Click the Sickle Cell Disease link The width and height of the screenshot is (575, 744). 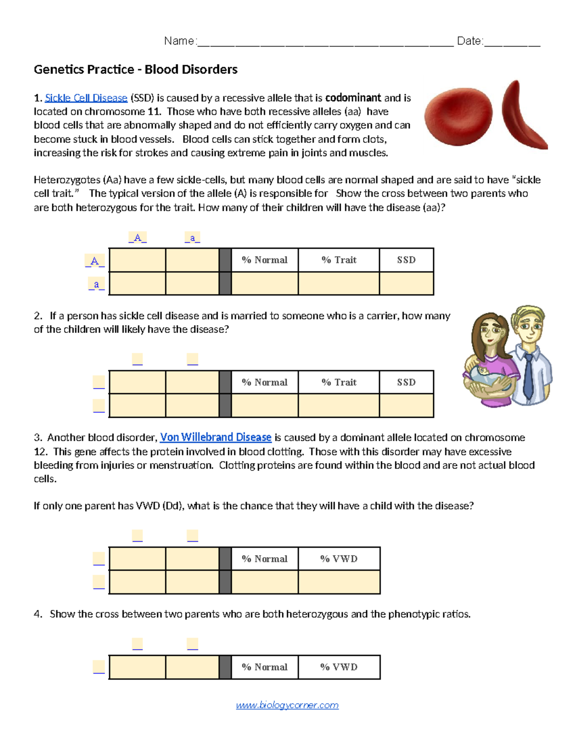[x=86, y=98]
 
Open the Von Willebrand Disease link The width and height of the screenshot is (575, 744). [x=216, y=437]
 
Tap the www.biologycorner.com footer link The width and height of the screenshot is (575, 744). [x=287, y=705]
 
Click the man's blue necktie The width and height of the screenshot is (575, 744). [x=528, y=376]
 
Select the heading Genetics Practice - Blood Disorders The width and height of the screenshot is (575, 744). [x=136, y=70]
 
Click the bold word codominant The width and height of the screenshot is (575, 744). [x=353, y=98]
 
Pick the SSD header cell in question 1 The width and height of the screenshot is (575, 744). [x=406, y=260]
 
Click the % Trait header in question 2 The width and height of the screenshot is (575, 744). [x=339, y=382]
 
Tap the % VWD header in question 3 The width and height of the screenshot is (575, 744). [x=339, y=559]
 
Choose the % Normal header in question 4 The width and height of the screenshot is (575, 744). [x=264, y=667]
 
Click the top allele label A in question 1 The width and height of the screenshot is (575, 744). [x=138, y=238]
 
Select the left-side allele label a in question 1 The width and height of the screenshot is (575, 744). [x=96, y=285]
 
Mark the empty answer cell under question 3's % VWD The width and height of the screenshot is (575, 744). [x=339, y=582]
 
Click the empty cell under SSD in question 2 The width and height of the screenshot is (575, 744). [x=406, y=406]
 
